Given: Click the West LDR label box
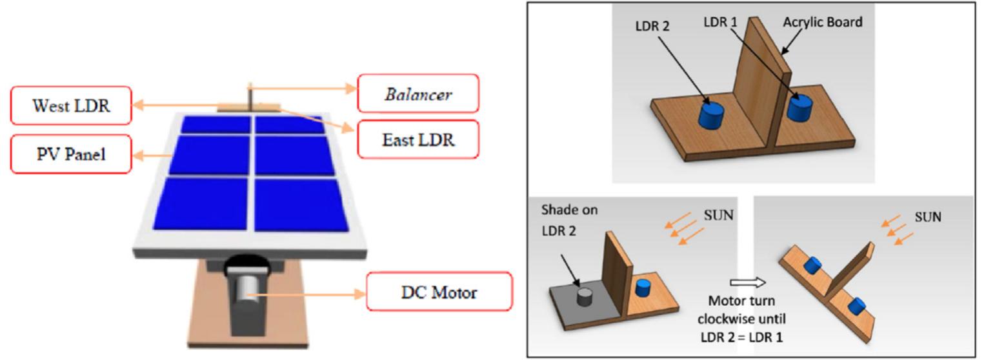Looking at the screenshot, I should pyautogui.click(x=71, y=106).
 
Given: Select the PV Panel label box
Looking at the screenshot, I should pyautogui.click(x=71, y=155).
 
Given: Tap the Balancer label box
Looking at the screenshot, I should pyautogui.click(x=418, y=94).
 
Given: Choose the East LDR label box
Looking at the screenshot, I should pyautogui.click(x=418, y=139).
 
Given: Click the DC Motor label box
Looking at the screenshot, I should pyautogui.click(x=439, y=292).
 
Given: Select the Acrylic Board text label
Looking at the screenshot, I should pyautogui.click(x=823, y=22).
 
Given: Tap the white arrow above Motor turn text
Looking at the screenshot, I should pyautogui.click(x=747, y=282).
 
